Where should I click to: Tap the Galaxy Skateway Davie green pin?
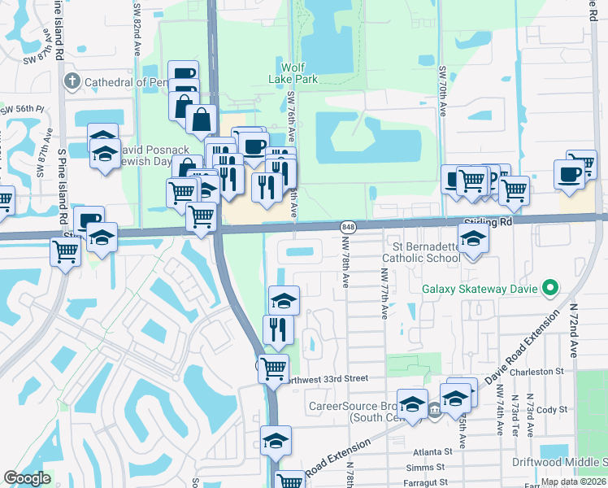coord(550,288)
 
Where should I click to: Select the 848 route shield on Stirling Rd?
coord(348,226)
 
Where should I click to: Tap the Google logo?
coord(27,478)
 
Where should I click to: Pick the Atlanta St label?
coord(431,451)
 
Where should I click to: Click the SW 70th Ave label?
coord(443,91)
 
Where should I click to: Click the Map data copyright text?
coord(572,481)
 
